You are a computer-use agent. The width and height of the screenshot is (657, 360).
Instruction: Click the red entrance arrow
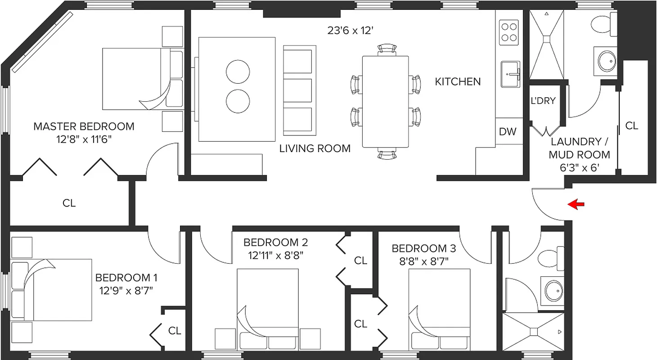click(576, 204)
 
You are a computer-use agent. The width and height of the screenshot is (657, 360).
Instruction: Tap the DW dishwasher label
click(508, 132)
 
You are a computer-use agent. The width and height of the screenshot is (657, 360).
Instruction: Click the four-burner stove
click(509, 31)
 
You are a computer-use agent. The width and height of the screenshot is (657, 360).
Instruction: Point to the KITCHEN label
click(458, 82)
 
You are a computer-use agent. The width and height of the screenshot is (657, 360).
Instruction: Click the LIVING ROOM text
click(315, 148)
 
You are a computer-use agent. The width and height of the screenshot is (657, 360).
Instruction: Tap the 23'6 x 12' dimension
click(351, 31)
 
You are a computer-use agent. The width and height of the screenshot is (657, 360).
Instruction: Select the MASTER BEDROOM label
click(84, 126)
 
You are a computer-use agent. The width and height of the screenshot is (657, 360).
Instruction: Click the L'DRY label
click(543, 101)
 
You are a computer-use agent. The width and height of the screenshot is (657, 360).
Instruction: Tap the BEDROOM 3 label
click(423, 248)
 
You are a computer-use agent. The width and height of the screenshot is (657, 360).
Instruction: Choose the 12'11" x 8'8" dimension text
click(276, 256)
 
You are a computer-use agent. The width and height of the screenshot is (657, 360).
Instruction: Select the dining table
click(386, 102)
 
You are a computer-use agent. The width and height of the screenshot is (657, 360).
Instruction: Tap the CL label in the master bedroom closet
click(69, 203)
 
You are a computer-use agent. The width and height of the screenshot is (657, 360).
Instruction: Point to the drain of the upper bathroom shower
click(547, 39)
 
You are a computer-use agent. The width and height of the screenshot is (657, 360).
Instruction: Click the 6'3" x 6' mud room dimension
click(580, 167)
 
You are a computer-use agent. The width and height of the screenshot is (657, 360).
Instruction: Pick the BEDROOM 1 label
click(126, 278)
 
